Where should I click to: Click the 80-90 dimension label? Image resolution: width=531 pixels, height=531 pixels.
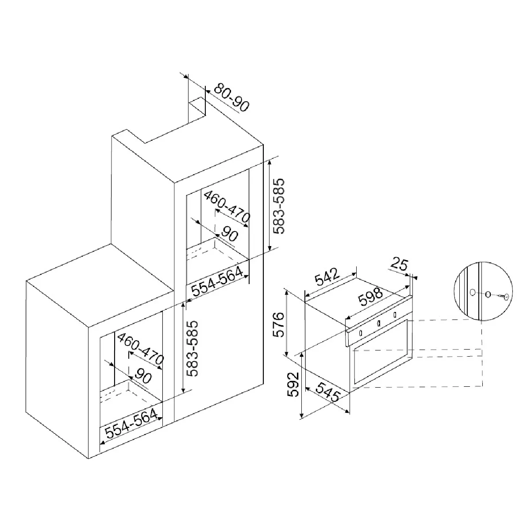[231, 97]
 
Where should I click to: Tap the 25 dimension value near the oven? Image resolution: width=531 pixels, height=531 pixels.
[399, 264]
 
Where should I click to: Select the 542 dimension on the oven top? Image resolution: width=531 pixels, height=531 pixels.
[327, 277]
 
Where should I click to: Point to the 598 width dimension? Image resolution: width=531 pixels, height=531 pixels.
[370, 296]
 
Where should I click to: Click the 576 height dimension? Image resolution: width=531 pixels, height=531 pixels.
[279, 325]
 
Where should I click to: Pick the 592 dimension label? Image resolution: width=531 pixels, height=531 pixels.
[293, 385]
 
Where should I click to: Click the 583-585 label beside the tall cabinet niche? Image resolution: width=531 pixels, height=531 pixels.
[279, 206]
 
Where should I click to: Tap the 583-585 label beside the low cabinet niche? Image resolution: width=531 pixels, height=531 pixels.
[192, 348]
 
